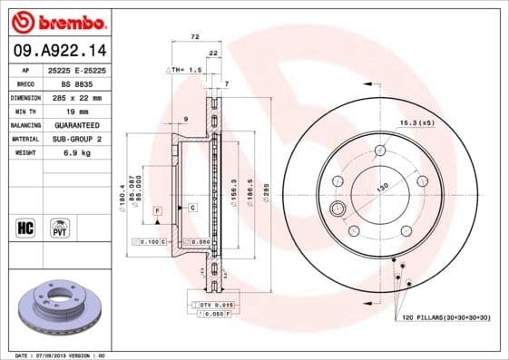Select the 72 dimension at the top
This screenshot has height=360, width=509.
pos(193,38)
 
